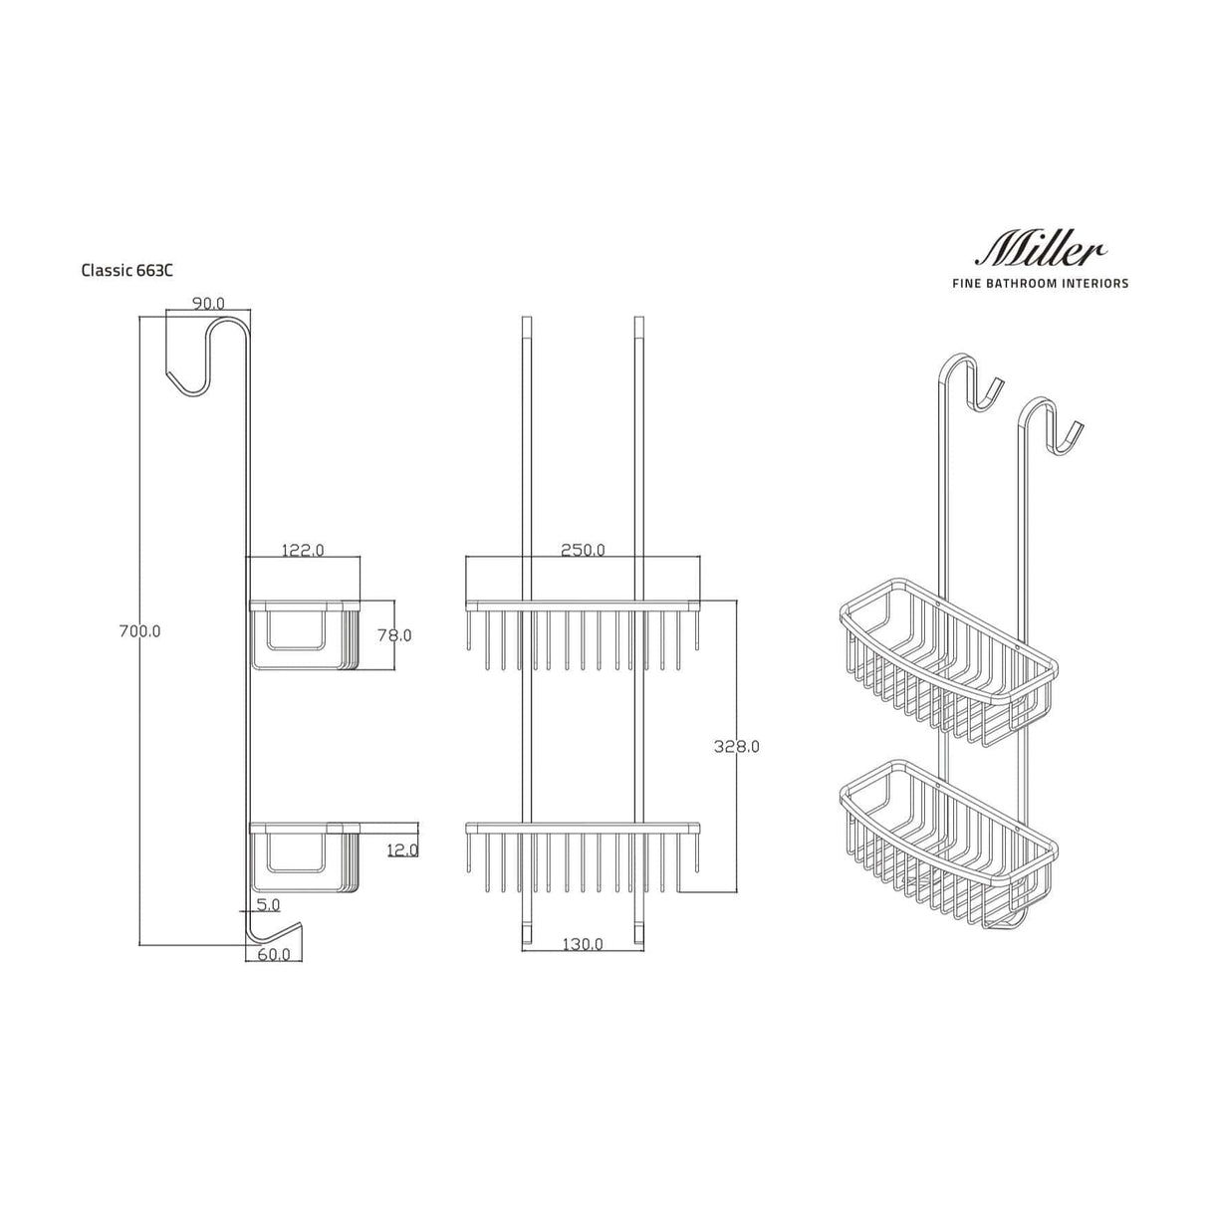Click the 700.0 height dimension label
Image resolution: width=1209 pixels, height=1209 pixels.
(x=139, y=630)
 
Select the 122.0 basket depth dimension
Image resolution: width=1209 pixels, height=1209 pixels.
(x=303, y=550)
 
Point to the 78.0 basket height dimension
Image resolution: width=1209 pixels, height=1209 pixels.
(x=393, y=634)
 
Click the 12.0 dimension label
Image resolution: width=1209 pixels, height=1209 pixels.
(x=401, y=849)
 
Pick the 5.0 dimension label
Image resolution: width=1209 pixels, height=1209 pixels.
(x=268, y=905)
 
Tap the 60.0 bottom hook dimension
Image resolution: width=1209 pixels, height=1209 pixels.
(x=274, y=954)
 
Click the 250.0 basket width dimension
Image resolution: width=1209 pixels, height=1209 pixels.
(x=583, y=550)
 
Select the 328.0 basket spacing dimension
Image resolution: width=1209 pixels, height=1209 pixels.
(x=738, y=746)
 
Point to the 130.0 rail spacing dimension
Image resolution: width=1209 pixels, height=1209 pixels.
(x=582, y=944)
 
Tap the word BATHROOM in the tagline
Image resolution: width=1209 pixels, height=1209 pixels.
(x=1038, y=284)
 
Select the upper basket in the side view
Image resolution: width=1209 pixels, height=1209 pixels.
(x=303, y=633)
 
